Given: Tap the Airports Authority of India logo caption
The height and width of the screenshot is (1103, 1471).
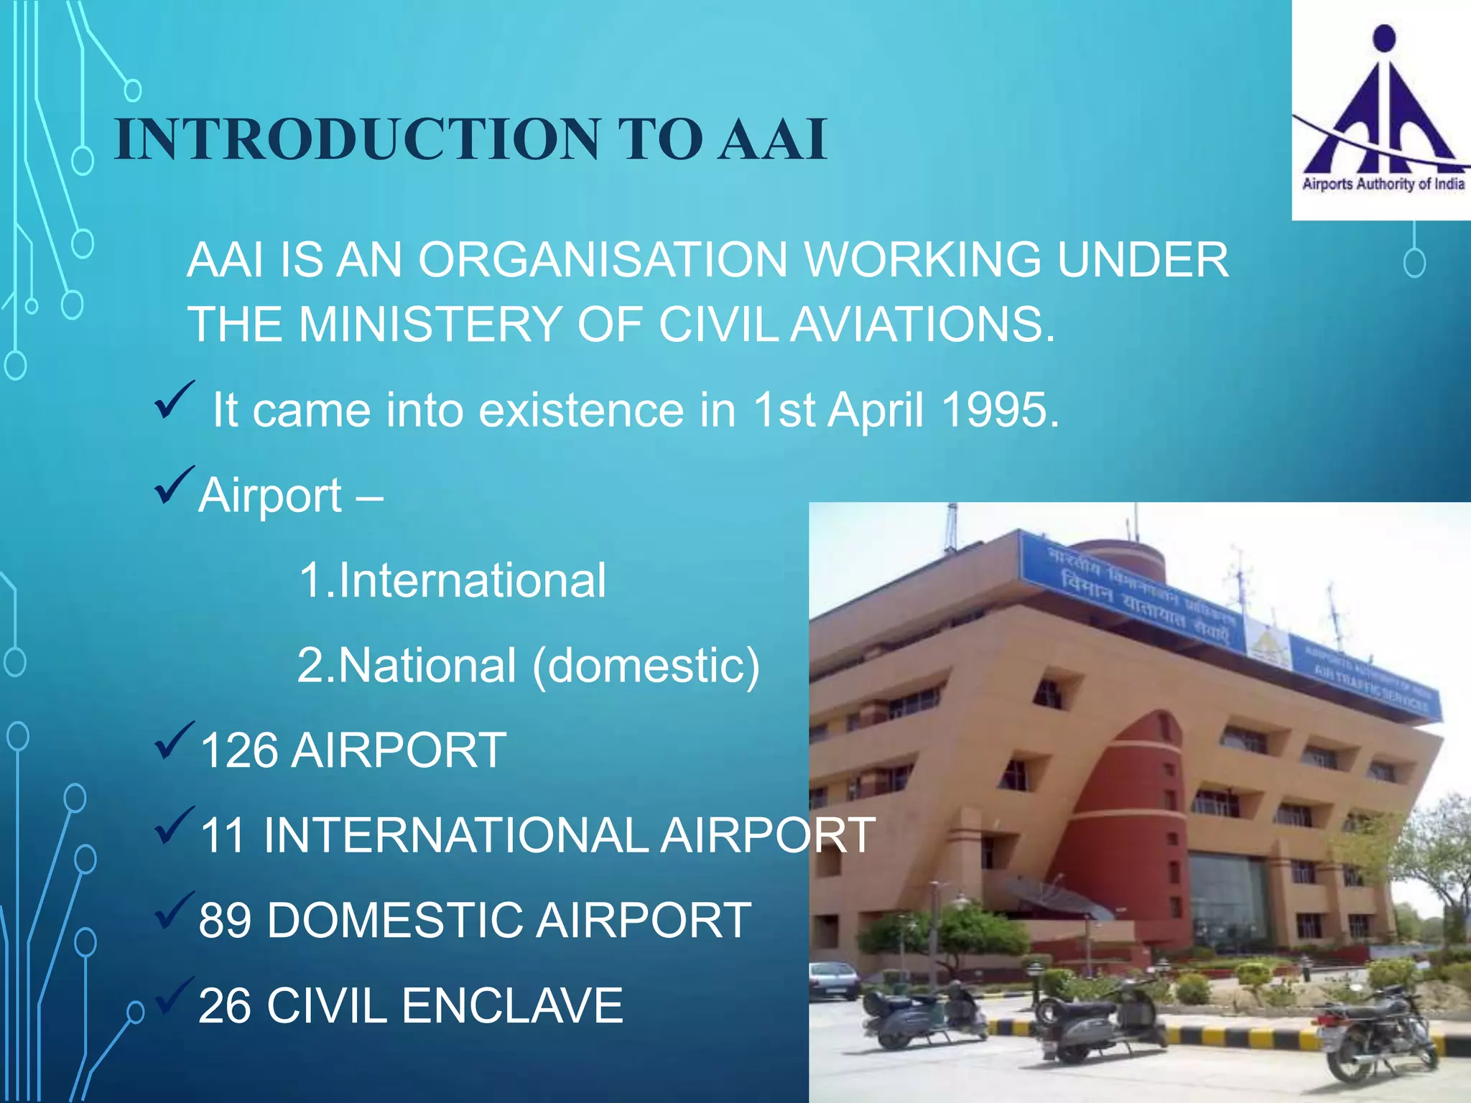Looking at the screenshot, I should pos(1383,184).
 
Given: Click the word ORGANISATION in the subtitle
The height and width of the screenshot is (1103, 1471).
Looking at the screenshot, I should pos(603,259).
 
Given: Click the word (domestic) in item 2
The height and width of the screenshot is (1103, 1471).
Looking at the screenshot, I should pos(646,666).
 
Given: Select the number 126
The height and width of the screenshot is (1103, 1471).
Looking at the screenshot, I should pos(238,750).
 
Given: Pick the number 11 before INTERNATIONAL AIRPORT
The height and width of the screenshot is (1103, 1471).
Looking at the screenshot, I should pos(222,835).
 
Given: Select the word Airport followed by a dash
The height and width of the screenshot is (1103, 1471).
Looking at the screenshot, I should pos(270,495).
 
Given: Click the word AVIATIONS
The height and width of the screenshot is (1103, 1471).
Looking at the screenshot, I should pos(922,325).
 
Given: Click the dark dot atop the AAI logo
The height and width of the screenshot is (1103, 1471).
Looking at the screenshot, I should pos(1383,38).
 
